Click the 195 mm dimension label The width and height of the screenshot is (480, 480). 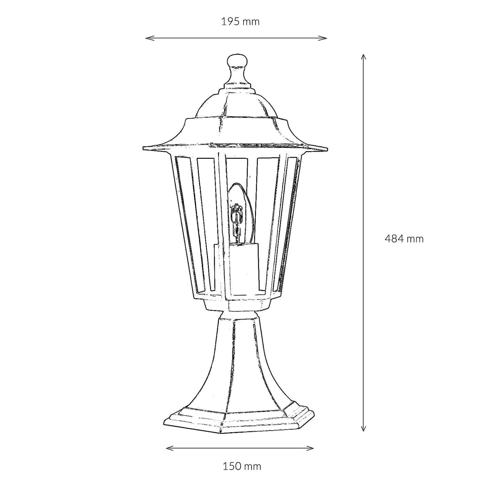(240, 22)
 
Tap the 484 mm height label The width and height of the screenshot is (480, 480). (404, 238)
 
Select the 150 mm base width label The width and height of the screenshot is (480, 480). (242, 466)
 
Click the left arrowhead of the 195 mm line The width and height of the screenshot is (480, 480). (147, 38)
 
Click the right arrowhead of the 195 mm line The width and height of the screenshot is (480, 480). (325, 38)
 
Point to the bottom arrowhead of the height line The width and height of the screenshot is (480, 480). (363, 430)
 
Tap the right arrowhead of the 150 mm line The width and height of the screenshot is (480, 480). (312, 448)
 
